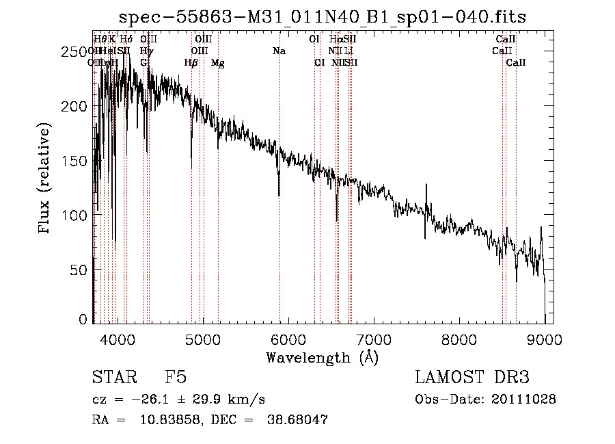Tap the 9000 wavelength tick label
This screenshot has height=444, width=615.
click(x=545, y=339)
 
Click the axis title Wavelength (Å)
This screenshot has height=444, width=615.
click(x=322, y=357)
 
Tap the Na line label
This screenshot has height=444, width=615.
click(x=279, y=51)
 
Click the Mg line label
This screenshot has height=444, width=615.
click(x=217, y=63)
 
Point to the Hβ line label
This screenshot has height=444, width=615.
click(x=191, y=63)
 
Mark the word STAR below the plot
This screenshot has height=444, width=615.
click(x=113, y=378)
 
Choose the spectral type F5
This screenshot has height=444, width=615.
click(x=176, y=378)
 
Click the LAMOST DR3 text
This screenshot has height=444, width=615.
click(x=471, y=378)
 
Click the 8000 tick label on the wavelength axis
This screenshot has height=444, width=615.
click(x=459, y=339)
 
